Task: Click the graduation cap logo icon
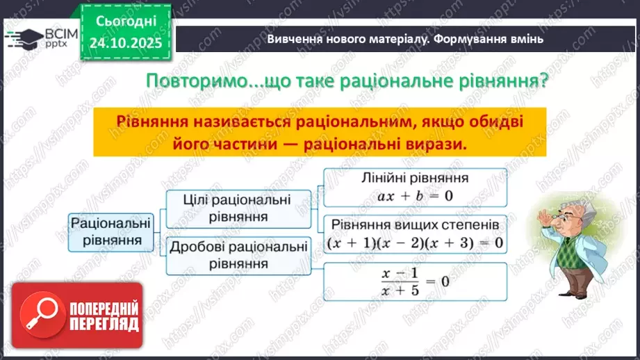click(x=24, y=36)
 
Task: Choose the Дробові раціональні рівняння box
click(x=237, y=254)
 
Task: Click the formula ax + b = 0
click(x=415, y=195)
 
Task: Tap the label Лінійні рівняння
click(x=415, y=178)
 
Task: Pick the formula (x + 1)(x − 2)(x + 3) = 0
click(x=415, y=243)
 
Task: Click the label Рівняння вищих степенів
click(x=415, y=226)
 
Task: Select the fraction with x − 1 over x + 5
click(x=415, y=281)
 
